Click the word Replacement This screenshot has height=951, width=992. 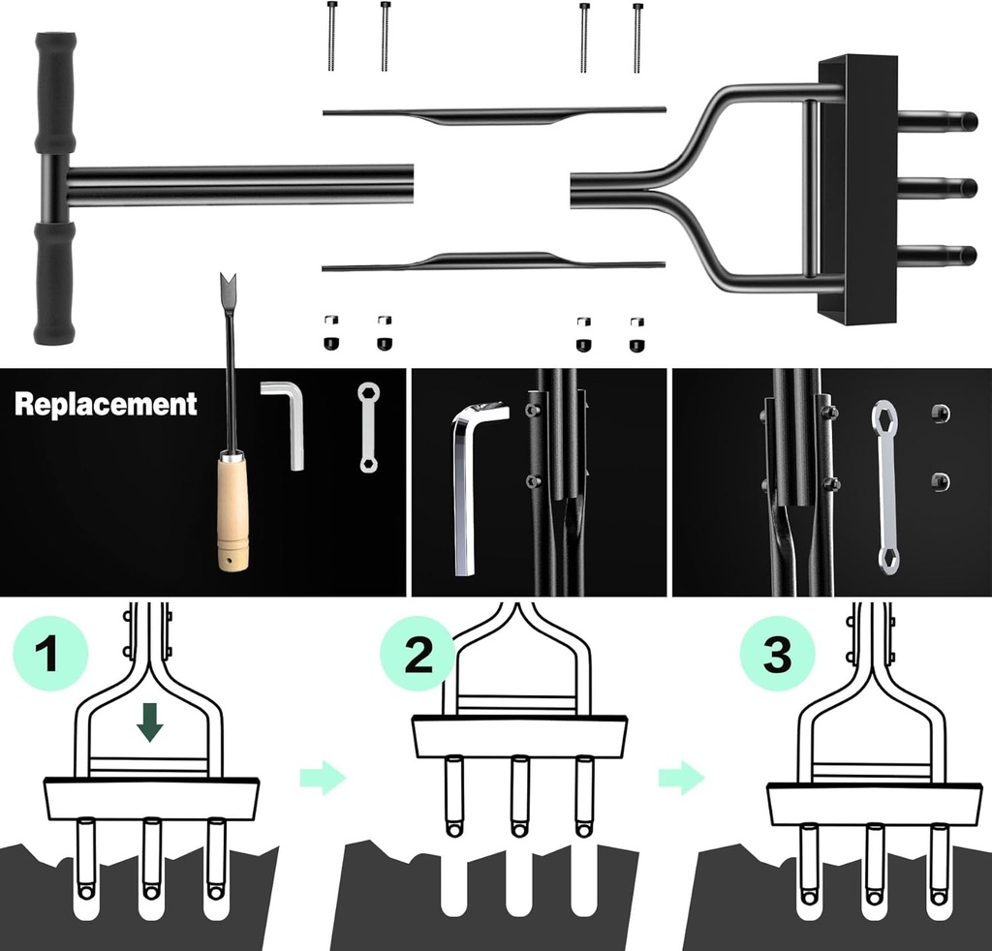point(106,404)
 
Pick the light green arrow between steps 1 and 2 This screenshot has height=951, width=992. point(323,778)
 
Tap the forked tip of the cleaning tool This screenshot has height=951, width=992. point(229,289)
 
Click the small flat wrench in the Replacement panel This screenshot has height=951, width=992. point(368,427)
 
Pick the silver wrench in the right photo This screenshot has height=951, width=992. point(884,484)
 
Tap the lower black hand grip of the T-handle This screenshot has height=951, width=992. point(54,281)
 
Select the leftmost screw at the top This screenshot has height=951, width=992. point(332,36)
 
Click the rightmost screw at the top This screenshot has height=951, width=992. point(637,37)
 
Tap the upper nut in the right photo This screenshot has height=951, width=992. point(939,414)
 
